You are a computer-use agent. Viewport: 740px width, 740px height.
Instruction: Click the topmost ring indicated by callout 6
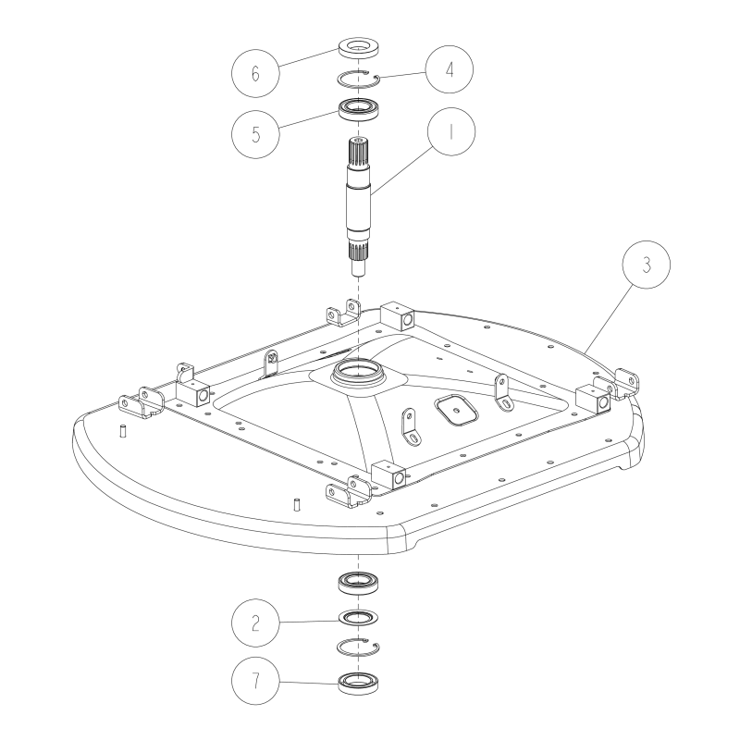pos(358,46)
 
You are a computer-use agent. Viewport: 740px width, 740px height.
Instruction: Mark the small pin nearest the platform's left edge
pos(122,429)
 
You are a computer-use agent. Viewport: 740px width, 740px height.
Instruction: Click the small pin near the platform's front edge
pos(297,504)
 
